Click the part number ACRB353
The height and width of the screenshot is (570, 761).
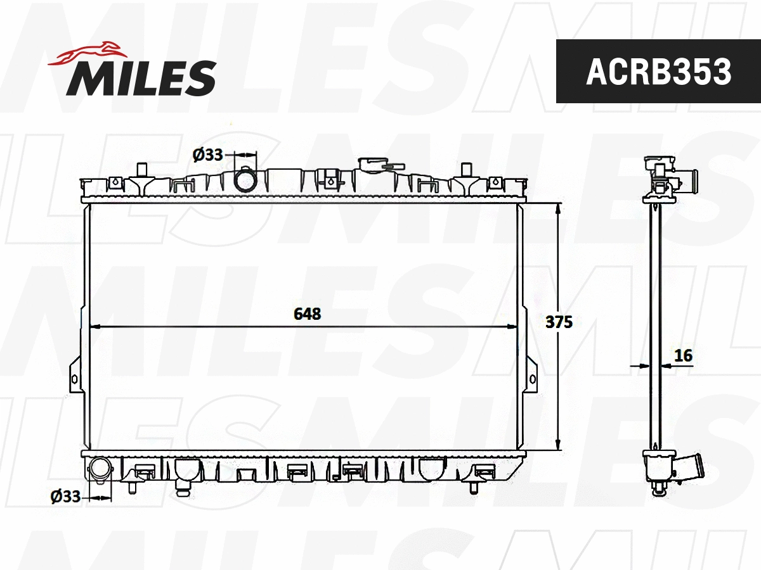658,72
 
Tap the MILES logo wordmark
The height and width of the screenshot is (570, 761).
141,79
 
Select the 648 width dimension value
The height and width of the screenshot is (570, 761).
308,313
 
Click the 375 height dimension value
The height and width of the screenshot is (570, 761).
559,322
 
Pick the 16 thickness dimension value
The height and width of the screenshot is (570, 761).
683,356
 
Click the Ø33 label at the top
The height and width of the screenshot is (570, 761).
207,154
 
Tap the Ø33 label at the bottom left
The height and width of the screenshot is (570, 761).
66,497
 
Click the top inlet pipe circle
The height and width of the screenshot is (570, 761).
245,180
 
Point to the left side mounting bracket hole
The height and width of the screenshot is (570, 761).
74,379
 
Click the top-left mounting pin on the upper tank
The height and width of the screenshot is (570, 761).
143,170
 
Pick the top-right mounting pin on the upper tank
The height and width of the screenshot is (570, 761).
467,170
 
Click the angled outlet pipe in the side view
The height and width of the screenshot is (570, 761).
692,472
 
